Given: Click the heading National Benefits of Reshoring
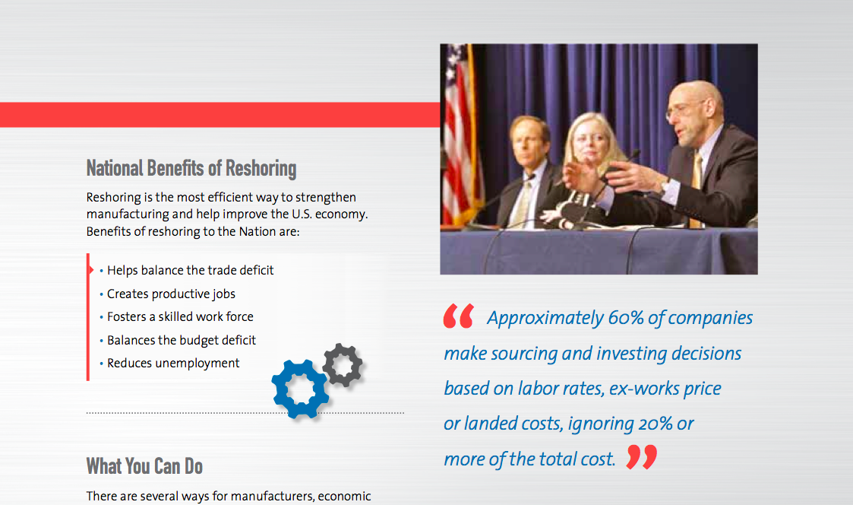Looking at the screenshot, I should click(x=191, y=168).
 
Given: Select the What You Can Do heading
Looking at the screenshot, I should click(x=144, y=465).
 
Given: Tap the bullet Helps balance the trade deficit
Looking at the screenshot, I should click(x=190, y=270).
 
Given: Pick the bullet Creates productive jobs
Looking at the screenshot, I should click(x=171, y=294).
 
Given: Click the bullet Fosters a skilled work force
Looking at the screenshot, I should click(x=180, y=316).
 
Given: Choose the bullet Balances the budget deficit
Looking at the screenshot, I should click(x=182, y=340).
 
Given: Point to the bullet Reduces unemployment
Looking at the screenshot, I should click(x=173, y=363).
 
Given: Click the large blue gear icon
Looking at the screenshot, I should click(x=300, y=388).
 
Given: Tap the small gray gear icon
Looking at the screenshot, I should click(x=342, y=365).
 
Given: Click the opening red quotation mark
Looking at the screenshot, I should click(x=458, y=316).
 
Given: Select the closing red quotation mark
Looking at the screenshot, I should click(x=642, y=457).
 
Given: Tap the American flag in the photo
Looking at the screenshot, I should click(x=460, y=137).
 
